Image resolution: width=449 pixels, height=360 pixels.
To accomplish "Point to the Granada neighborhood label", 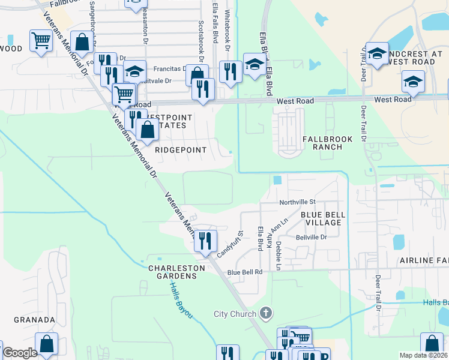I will point(34,320).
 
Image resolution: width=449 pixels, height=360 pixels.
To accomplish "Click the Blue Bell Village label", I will point(321,218).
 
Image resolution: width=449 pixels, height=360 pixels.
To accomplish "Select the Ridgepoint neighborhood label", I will point(181,150).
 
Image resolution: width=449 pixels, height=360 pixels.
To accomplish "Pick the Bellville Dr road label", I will point(310,238).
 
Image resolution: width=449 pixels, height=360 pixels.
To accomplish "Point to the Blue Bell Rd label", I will point(245,272).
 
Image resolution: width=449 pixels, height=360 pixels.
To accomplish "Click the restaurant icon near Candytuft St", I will point(206,241).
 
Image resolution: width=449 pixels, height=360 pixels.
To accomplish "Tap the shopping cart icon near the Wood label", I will point(41,41).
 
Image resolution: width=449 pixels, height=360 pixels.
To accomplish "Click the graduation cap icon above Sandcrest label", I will point(378,53).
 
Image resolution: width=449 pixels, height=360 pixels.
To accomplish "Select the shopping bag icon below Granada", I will point(46,344).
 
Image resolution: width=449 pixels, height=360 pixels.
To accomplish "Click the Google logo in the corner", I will point(20,353).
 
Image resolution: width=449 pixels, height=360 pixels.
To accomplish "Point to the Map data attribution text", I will point(424,355).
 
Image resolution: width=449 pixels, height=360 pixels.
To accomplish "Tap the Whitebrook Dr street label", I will point(228,29).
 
